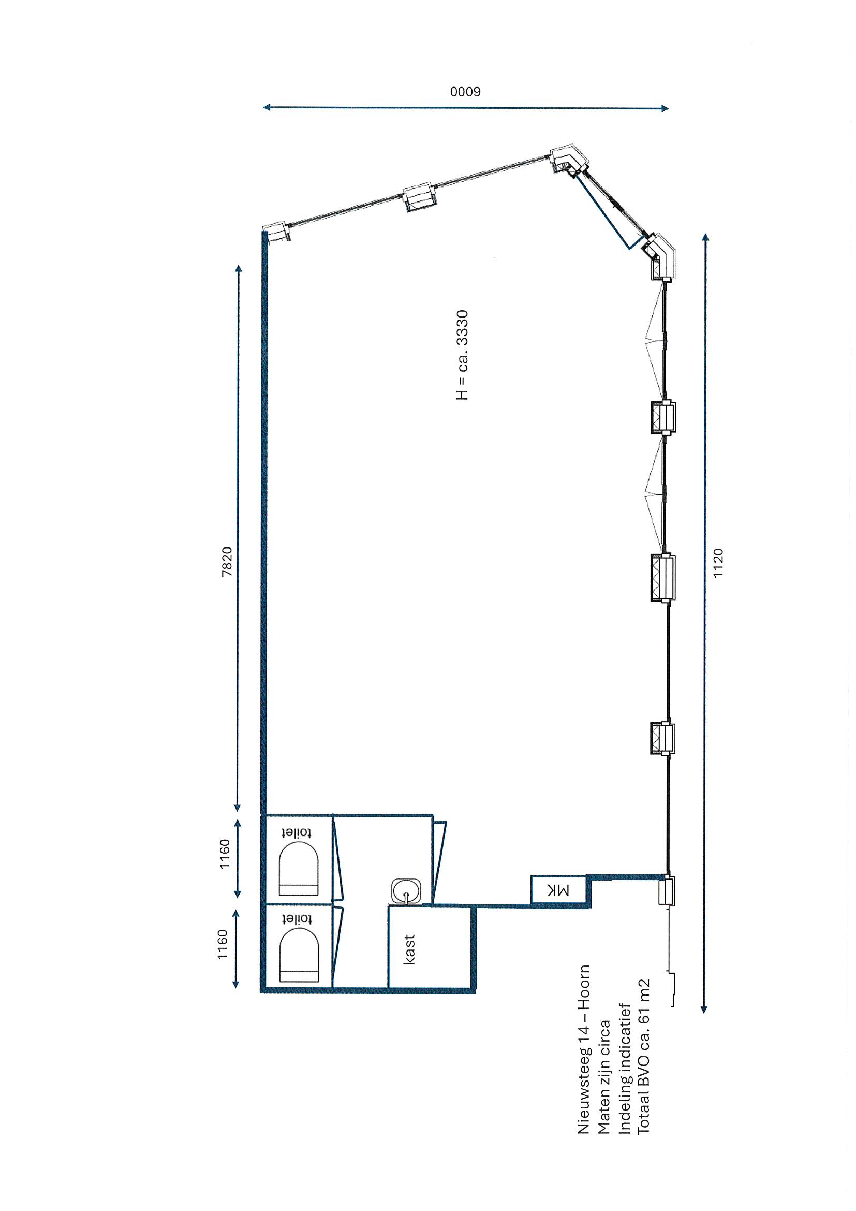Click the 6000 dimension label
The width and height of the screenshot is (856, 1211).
pos(465,92)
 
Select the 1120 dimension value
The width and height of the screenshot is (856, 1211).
pos(718,563)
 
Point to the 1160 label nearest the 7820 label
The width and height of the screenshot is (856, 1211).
pos(225,854)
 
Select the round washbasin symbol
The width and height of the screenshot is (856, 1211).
pos(406,891)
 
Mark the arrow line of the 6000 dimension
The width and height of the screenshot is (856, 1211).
pos(466,108)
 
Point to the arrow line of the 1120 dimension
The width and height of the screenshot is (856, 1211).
pos(705,624)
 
